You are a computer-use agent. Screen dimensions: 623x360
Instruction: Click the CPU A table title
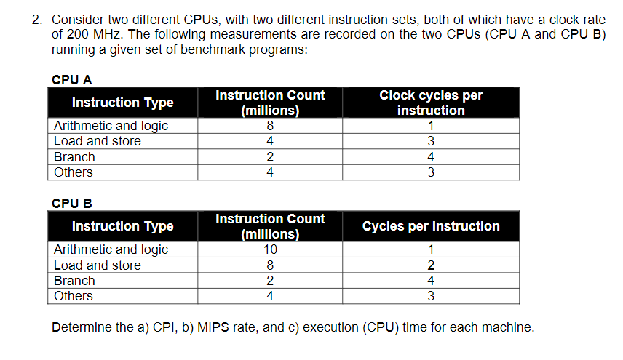[x=71, y=79]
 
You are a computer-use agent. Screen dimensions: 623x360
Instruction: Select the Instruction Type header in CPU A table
[x=122, y=103]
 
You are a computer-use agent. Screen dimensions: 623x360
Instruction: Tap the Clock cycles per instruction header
[x=431, y=103]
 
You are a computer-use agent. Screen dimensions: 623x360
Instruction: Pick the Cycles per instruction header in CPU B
[x=431, y=226]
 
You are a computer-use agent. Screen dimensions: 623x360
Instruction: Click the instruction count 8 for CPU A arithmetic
[x=270, y=126]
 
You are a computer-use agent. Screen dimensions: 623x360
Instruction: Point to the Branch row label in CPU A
[x=74, y=157]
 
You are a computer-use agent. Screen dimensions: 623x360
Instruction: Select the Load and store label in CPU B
[x=98, y=265]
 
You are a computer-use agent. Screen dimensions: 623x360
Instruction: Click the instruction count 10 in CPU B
[x=270, y=249]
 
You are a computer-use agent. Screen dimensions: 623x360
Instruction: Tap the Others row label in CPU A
[x=74, y=172]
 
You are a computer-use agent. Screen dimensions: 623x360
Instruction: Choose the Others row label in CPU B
[x=74, y=296]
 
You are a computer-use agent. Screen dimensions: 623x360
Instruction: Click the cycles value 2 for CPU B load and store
[x=431, y=265]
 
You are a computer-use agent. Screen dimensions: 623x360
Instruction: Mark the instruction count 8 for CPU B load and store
[x=270, y=265]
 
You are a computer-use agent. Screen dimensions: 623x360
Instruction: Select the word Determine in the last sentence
[x=82, y=327]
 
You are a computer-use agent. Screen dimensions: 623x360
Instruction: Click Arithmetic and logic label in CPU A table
[x=111, y=126]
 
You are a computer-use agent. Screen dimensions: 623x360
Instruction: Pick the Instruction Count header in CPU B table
[x=270, y=226]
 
